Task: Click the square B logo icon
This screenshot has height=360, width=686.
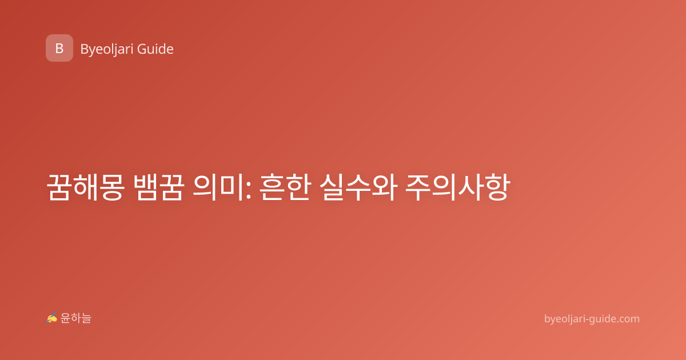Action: pos(59,48)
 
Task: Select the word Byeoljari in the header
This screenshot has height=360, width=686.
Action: pos(107,50)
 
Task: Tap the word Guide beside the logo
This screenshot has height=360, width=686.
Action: pos(155,49)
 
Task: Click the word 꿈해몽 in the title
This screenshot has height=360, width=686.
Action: pos(85,187)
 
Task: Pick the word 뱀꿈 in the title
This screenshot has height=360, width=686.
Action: pos(159,187)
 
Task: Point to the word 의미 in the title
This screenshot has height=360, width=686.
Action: pos(218,187)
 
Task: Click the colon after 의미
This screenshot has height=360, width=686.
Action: pos(248,190)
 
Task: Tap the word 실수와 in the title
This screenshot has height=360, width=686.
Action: pos(358,187)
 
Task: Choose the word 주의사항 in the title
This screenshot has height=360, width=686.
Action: pos(458,187)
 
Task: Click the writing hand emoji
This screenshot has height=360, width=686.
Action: pos(52,318)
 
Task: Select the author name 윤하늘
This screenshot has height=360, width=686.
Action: pos(75,318)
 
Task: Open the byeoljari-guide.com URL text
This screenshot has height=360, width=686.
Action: pos(592,319)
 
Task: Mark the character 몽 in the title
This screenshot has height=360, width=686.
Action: pos(112,187)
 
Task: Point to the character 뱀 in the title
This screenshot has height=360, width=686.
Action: pos(146,187)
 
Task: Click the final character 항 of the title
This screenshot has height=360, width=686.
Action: pos(498,187)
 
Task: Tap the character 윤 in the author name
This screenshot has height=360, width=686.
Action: pos(65,318)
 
